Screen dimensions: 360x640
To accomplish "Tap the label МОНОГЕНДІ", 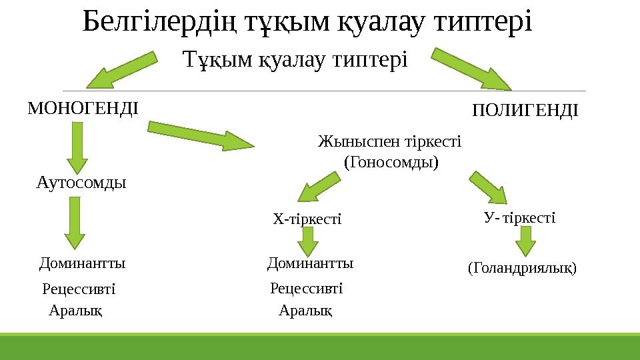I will click(83, 107).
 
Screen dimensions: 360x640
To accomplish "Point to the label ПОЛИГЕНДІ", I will click(525, 110).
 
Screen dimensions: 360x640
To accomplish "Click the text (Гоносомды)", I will click(391, 161).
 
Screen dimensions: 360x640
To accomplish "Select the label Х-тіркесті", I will click(307, 219).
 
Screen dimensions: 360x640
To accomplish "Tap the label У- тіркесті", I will click(519, 218).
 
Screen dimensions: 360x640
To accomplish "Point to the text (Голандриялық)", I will click(521, 268).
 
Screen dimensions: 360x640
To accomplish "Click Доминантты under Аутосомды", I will click(83, 263).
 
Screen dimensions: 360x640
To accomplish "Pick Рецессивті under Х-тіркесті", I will click(306, 289).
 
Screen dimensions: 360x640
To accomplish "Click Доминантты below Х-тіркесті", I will click(310, 263).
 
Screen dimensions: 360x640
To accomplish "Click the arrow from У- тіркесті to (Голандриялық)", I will click(526, 241).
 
